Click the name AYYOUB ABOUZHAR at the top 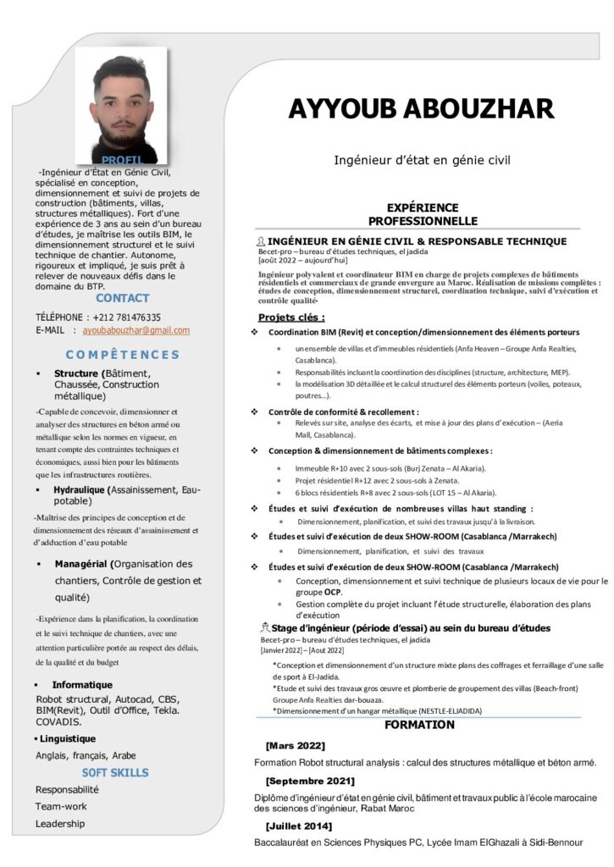[x=421, y=109]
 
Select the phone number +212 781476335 [x=118, y=318]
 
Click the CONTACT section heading [x=122, y=298]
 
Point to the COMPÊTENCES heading [x=123, y=355]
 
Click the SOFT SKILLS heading [x=115, y=772]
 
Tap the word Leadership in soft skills [x=60, y=823]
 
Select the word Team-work [x=61, y=806]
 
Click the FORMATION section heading [x=419, y=725]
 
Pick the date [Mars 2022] [x=295, y=745]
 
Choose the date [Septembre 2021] [x=310, y=780]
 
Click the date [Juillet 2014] [x=298, y=826]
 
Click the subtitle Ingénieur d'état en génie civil [x=422, y=158]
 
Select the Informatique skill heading [x=82, y=684]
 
